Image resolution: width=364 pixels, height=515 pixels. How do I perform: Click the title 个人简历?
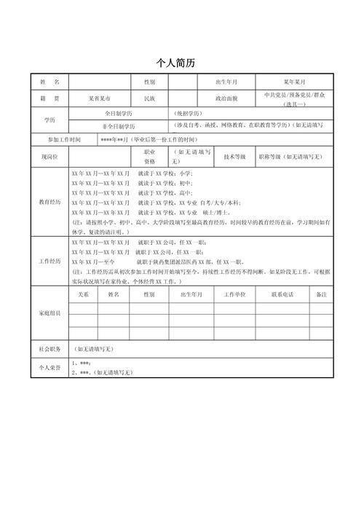(x=181, y=63)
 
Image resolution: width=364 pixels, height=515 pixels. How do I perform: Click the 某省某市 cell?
(x=99, y=97)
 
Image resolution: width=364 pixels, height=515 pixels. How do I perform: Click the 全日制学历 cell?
(x=117, y=114)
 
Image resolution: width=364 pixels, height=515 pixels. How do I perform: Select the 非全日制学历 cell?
(x=117, y=126)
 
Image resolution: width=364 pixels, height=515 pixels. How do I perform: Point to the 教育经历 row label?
(x=50, y=202)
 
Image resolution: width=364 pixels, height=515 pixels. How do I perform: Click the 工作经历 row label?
(x=50, y=261)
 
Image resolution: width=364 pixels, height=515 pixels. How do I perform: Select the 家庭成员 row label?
(x=50, y=312)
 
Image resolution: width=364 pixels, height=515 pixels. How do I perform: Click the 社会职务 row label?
(x=50, y=349)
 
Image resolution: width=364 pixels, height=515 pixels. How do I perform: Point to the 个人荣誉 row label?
(x=50, y=368)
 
